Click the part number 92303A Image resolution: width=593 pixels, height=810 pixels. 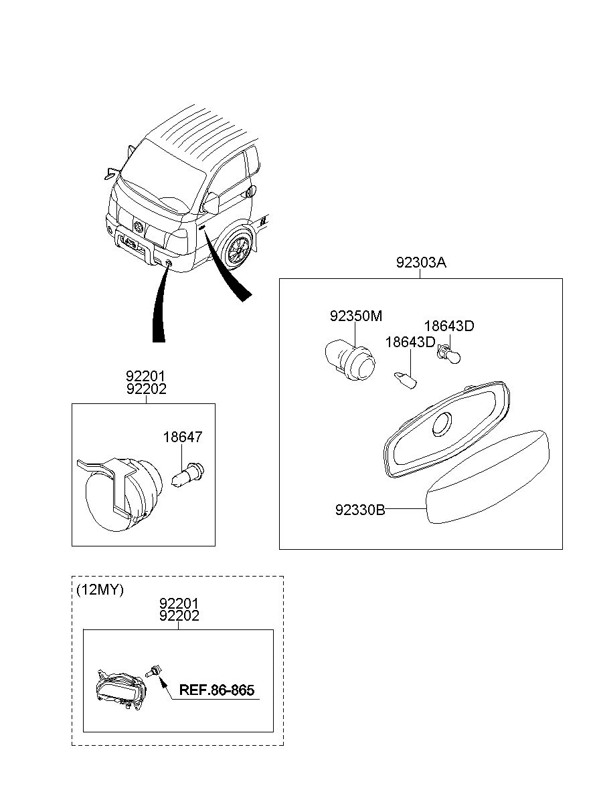tap(420, 263)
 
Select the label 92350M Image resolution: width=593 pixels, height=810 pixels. tap(355, 316)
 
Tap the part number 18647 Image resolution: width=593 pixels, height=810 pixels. tap(183, 437)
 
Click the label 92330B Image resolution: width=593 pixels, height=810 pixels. tap(360, 510)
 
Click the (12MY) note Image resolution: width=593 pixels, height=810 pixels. tap(100, 590)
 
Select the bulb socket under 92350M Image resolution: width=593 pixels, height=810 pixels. tap(349, 361)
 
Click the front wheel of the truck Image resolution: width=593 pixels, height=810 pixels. tap(237, 253)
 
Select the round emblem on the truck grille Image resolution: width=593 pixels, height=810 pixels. tap(139, 227)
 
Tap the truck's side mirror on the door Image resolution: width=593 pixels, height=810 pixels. tap(212, 203)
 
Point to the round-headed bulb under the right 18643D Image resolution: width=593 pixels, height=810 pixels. tap(447, 354)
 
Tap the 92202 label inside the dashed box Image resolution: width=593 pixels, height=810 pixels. tap(179, 616)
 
